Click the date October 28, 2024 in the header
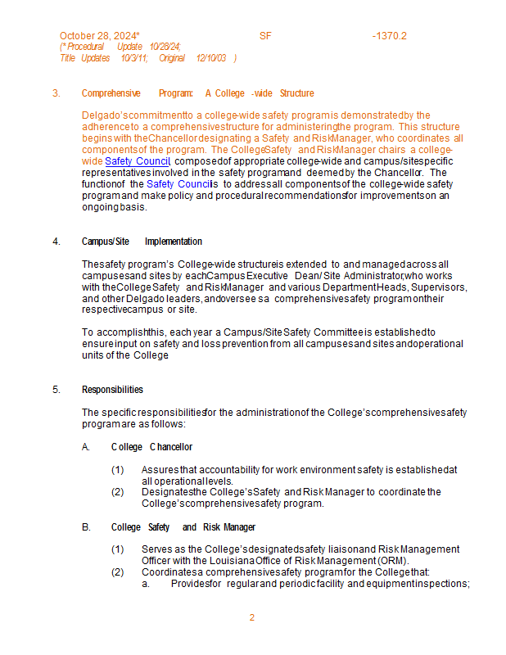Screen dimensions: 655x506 (98, 36)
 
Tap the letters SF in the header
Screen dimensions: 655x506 (265, 36)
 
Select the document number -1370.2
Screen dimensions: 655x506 (389, 36)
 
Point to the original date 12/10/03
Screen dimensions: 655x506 (212, 58)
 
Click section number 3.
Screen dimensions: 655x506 (56, 93)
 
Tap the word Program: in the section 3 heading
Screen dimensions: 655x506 (176, 93)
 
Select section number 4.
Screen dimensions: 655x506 (56, 242)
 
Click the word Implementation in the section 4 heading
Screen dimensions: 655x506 (174, 242)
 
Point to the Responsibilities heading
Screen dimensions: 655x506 (112, 389)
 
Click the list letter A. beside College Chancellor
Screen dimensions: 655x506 (86, 447)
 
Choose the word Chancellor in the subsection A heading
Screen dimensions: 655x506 (171, 447)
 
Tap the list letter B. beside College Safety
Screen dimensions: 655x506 (86, 527)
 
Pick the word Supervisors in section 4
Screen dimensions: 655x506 (439, 287)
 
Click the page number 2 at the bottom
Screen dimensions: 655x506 (252, 617)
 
